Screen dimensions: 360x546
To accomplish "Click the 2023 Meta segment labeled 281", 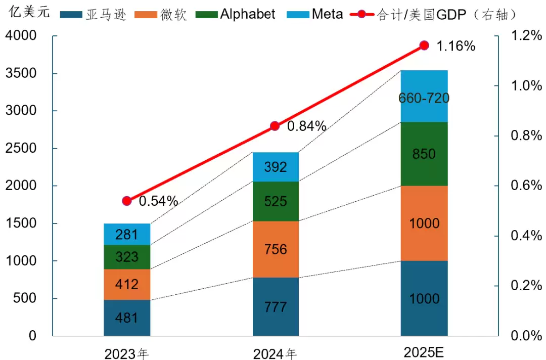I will [127, 234].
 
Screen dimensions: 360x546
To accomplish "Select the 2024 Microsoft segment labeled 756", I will [276, 249].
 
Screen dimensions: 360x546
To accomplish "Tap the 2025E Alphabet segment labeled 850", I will [424, 154].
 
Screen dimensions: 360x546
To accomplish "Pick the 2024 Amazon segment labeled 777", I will [276, 306].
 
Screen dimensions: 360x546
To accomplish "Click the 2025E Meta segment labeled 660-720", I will [424, 97].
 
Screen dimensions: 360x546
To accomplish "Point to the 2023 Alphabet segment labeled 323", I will [127, 257].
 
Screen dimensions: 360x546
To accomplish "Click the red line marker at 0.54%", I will [127, 201].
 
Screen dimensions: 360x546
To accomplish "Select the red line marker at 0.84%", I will [275, 126].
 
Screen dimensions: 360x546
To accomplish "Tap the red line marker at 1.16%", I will [424, 46].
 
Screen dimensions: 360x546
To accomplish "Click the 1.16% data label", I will [456, 46].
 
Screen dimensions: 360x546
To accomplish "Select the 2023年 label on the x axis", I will [127, 353].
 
